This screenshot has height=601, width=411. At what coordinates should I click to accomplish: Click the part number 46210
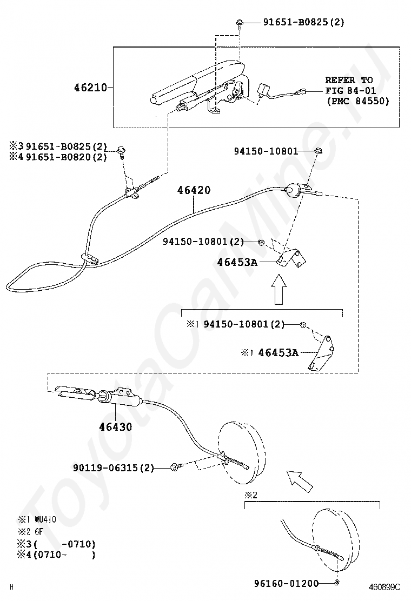90,86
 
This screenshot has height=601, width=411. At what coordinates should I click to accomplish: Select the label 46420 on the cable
194,190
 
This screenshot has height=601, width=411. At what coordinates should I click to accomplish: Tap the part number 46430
115,426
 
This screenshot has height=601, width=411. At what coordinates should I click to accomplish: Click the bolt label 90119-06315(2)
114,468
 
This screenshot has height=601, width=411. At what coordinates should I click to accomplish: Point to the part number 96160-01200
286,583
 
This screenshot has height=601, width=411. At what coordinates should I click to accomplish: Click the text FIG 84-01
350,90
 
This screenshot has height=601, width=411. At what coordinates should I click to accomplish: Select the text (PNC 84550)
357,101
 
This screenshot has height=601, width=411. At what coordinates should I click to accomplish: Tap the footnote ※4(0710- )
56,555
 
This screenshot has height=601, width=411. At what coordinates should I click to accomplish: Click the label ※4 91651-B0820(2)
58,157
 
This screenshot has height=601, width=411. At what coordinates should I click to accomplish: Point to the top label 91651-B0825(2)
303,23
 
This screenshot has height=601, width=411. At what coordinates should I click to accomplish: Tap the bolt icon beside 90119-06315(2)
175,466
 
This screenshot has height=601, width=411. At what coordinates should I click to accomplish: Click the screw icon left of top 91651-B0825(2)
239,23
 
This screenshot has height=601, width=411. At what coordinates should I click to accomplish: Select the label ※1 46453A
270,352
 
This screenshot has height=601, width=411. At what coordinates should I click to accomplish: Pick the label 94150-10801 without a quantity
266,151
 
